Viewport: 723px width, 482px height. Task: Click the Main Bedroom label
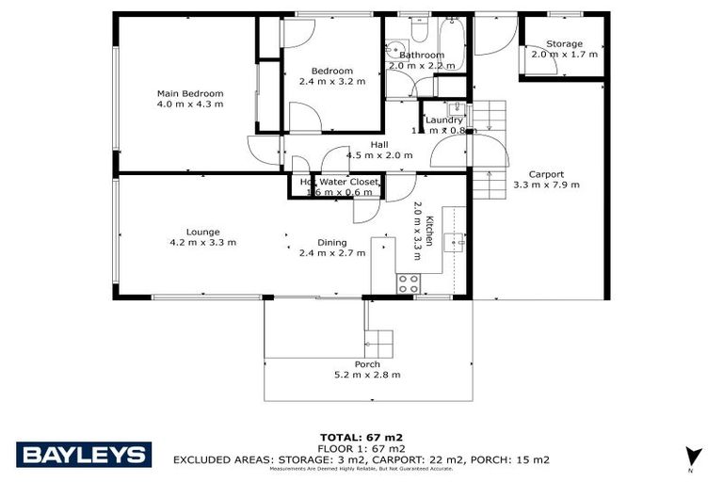190,93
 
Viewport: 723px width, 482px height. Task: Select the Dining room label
331,243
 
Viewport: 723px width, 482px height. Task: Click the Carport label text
546,174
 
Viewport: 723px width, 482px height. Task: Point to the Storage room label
564,44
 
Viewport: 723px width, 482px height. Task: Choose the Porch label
367,364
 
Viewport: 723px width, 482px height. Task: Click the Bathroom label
421,56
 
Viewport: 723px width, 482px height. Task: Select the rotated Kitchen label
428,231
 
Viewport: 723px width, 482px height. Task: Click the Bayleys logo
84,455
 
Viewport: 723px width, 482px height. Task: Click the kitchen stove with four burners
409,282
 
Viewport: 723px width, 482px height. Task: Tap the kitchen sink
454,241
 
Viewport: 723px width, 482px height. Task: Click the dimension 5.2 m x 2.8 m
367,375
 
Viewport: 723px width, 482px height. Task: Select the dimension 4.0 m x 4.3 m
190,104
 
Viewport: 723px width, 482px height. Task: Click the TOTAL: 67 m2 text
361,438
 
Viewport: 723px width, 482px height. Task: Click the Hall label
379,144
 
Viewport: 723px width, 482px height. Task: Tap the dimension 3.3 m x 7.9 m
546,185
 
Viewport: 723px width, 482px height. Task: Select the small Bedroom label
332,71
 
